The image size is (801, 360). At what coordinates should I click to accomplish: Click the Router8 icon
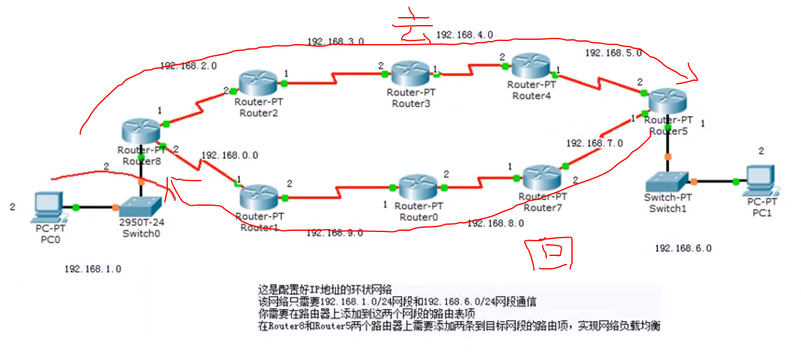coord(141,132)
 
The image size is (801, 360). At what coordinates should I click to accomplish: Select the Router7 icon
coord(543,176)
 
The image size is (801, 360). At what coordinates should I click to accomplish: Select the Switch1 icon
coord(667,180)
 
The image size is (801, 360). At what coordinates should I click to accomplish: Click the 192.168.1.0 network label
coord(92,269)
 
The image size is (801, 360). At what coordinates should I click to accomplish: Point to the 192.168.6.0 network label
coord(683,248)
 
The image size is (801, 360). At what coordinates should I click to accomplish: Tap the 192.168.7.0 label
coord(594,143)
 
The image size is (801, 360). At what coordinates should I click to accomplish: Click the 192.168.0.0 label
coord(230,156)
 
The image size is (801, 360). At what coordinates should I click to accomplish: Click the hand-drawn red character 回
coord(550,254)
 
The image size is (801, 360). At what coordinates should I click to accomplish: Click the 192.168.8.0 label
coord(495,223)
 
